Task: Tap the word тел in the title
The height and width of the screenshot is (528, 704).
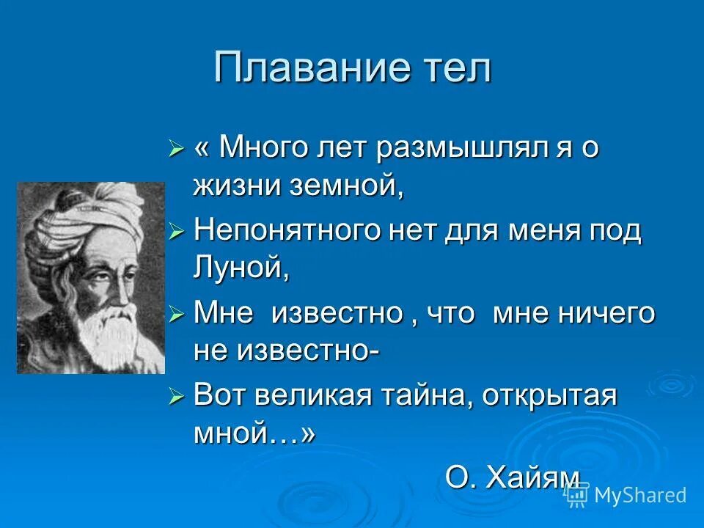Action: pos(454,68)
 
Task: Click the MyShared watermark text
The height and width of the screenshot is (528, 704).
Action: pos(639,495)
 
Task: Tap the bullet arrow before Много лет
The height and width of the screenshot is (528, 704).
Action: pos(175,150)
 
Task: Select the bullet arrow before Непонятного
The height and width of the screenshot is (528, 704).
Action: pos(175,232)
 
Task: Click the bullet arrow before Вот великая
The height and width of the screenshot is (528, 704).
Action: pos(175,397)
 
